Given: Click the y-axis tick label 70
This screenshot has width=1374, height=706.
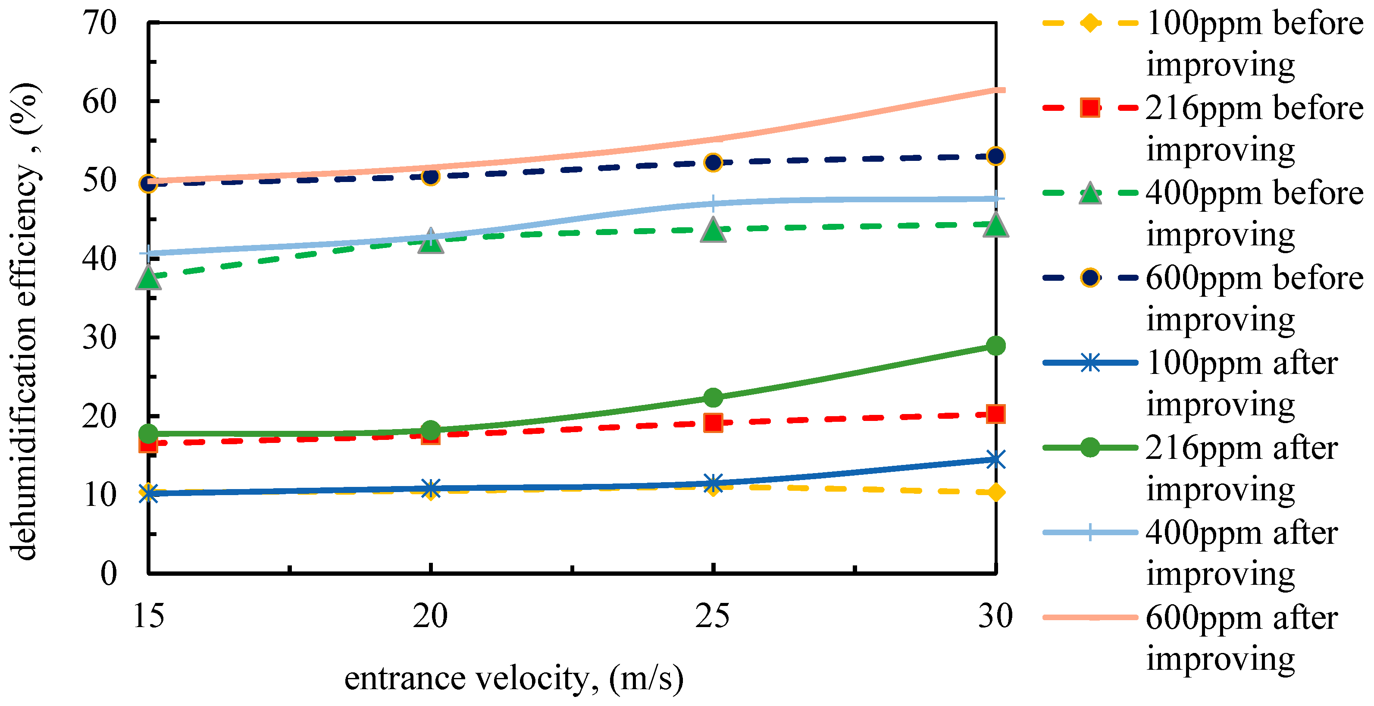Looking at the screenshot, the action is tap(100, 23).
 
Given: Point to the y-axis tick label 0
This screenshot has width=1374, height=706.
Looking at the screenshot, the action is tap(109, 574).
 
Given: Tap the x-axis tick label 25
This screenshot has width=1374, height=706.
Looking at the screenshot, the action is tap(713, 616).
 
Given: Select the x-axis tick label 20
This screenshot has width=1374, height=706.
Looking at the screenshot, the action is tap(430, 616).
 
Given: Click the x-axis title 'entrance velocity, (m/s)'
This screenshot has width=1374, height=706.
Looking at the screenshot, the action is tap(513, 679).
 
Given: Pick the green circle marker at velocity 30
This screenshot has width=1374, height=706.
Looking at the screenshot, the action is tap(995, 346).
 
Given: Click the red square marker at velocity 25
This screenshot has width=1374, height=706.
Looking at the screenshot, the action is tap(713, 423).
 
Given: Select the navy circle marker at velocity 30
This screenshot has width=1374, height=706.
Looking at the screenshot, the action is tap(995, 157).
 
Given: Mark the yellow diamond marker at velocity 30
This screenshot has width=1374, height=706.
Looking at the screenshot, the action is tap(995, 492).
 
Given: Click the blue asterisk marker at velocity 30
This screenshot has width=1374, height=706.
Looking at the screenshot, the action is tap(995, 459).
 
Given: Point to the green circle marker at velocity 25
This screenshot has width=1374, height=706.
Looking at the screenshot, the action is tap(713, 397).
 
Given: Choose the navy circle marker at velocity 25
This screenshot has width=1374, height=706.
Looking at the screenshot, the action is tap(713, 162).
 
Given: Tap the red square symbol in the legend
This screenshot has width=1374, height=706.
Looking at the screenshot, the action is tap(1090, 108).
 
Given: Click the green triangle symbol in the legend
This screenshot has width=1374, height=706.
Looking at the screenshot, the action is tap(1090, 193).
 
